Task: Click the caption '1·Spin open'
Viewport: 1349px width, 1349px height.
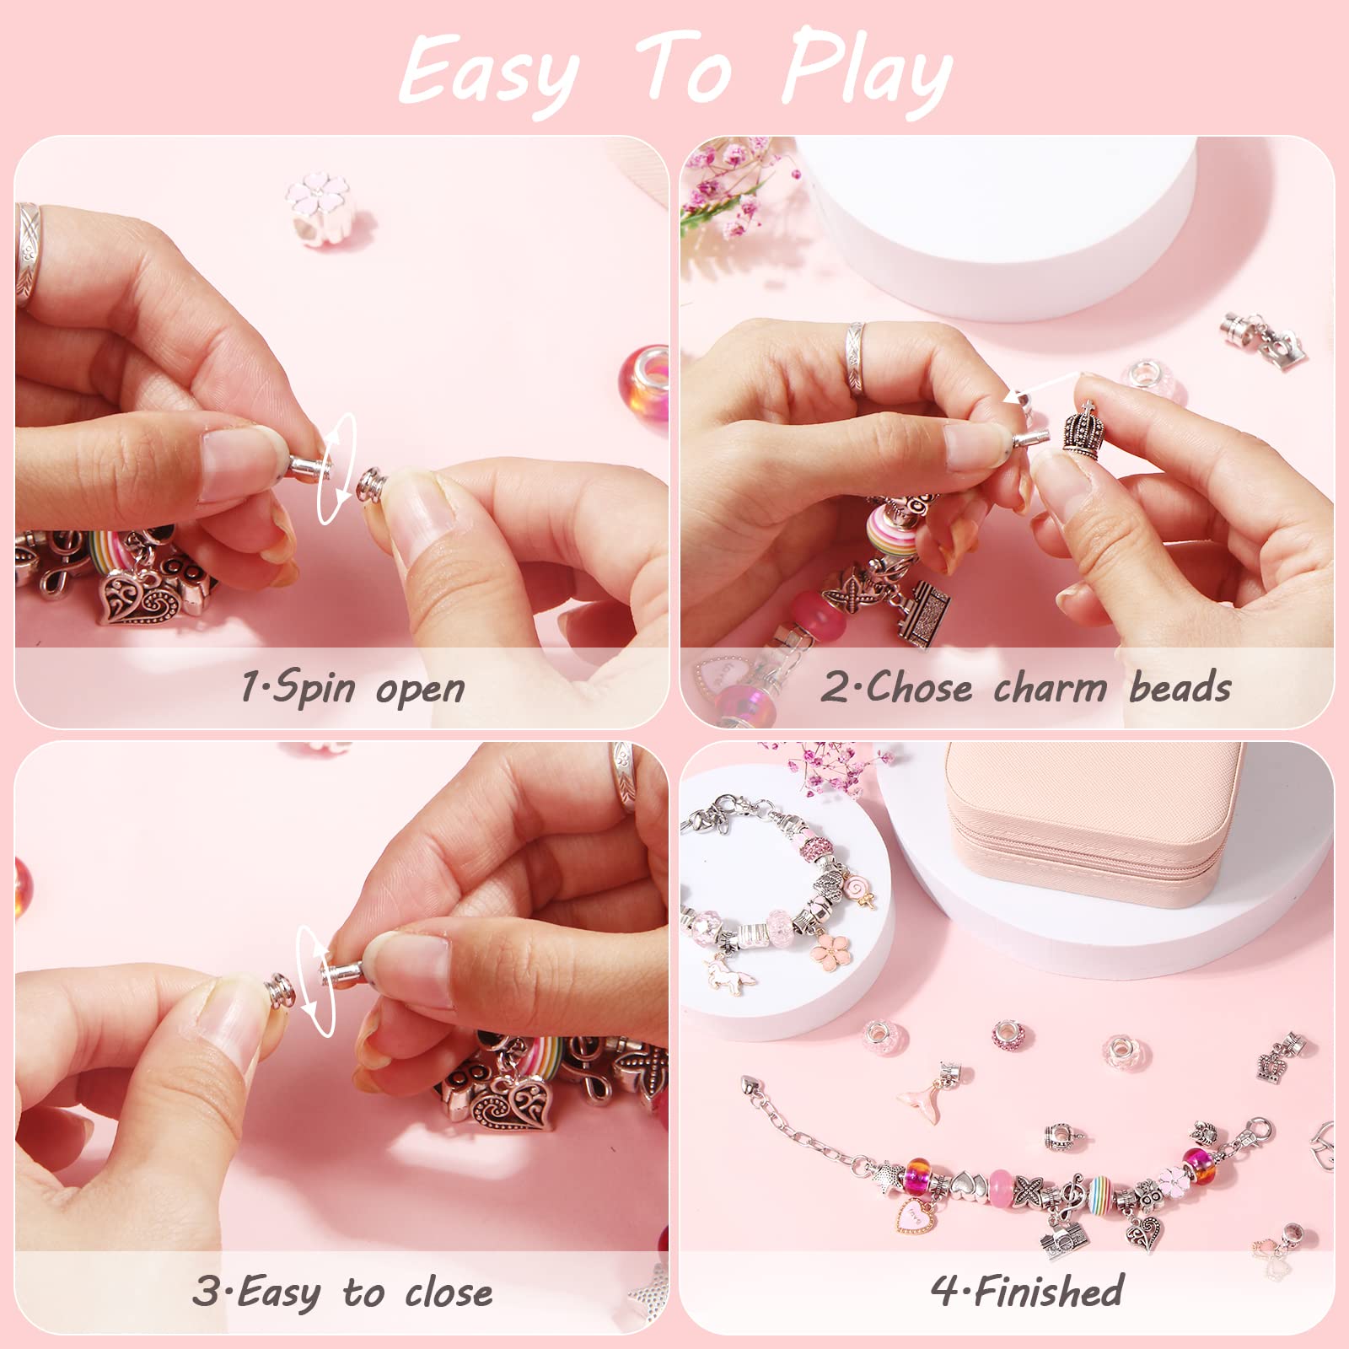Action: (x=352, y=688)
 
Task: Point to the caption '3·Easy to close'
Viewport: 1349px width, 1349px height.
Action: (x=342, y=1292)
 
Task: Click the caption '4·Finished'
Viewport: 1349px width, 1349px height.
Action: (x=1027, y=1291)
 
